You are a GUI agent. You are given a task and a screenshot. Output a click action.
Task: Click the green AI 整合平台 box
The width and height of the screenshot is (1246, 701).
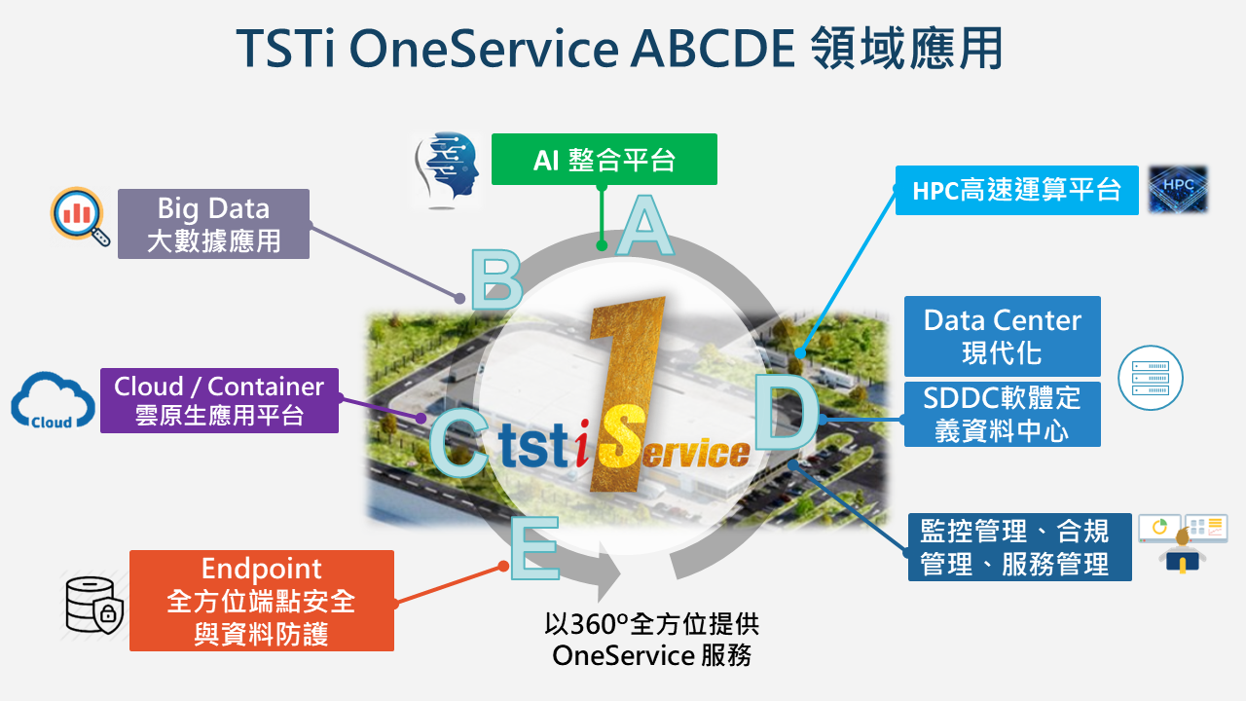(605, 159)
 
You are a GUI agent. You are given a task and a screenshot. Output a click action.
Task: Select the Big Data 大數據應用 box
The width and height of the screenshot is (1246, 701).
(213, 224)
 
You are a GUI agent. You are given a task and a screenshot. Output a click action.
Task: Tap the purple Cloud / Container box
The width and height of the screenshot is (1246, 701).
(219, 400)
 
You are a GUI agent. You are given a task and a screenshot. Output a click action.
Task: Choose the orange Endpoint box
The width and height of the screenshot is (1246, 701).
(262, 601)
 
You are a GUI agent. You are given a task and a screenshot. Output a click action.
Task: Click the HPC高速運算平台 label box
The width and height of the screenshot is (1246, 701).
(1017, 190)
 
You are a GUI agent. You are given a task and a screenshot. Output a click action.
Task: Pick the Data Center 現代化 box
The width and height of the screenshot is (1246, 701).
(1003, 336)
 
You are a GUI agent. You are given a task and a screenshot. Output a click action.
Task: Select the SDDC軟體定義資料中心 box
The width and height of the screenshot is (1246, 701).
(1003, 414)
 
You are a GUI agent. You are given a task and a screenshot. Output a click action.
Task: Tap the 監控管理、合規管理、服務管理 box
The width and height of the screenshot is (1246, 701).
(1019, 547)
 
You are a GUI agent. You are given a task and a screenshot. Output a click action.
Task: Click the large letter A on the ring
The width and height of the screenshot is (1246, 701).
(644, 225)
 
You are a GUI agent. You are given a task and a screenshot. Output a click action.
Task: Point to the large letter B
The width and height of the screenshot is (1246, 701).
(496, 279)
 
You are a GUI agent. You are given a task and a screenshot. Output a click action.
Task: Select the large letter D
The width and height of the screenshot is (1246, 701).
(786, 412)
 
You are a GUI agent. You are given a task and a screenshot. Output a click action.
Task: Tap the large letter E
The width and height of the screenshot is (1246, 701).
(534, 548)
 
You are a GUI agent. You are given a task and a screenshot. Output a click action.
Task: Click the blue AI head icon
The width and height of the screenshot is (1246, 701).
(447, 170)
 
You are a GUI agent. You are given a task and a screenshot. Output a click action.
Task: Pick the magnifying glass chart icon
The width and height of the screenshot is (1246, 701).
(80, 217)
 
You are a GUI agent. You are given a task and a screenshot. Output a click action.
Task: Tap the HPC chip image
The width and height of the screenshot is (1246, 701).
(1178, 189)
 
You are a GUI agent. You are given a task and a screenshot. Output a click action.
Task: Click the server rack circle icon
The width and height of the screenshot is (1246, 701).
(1151, 378)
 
